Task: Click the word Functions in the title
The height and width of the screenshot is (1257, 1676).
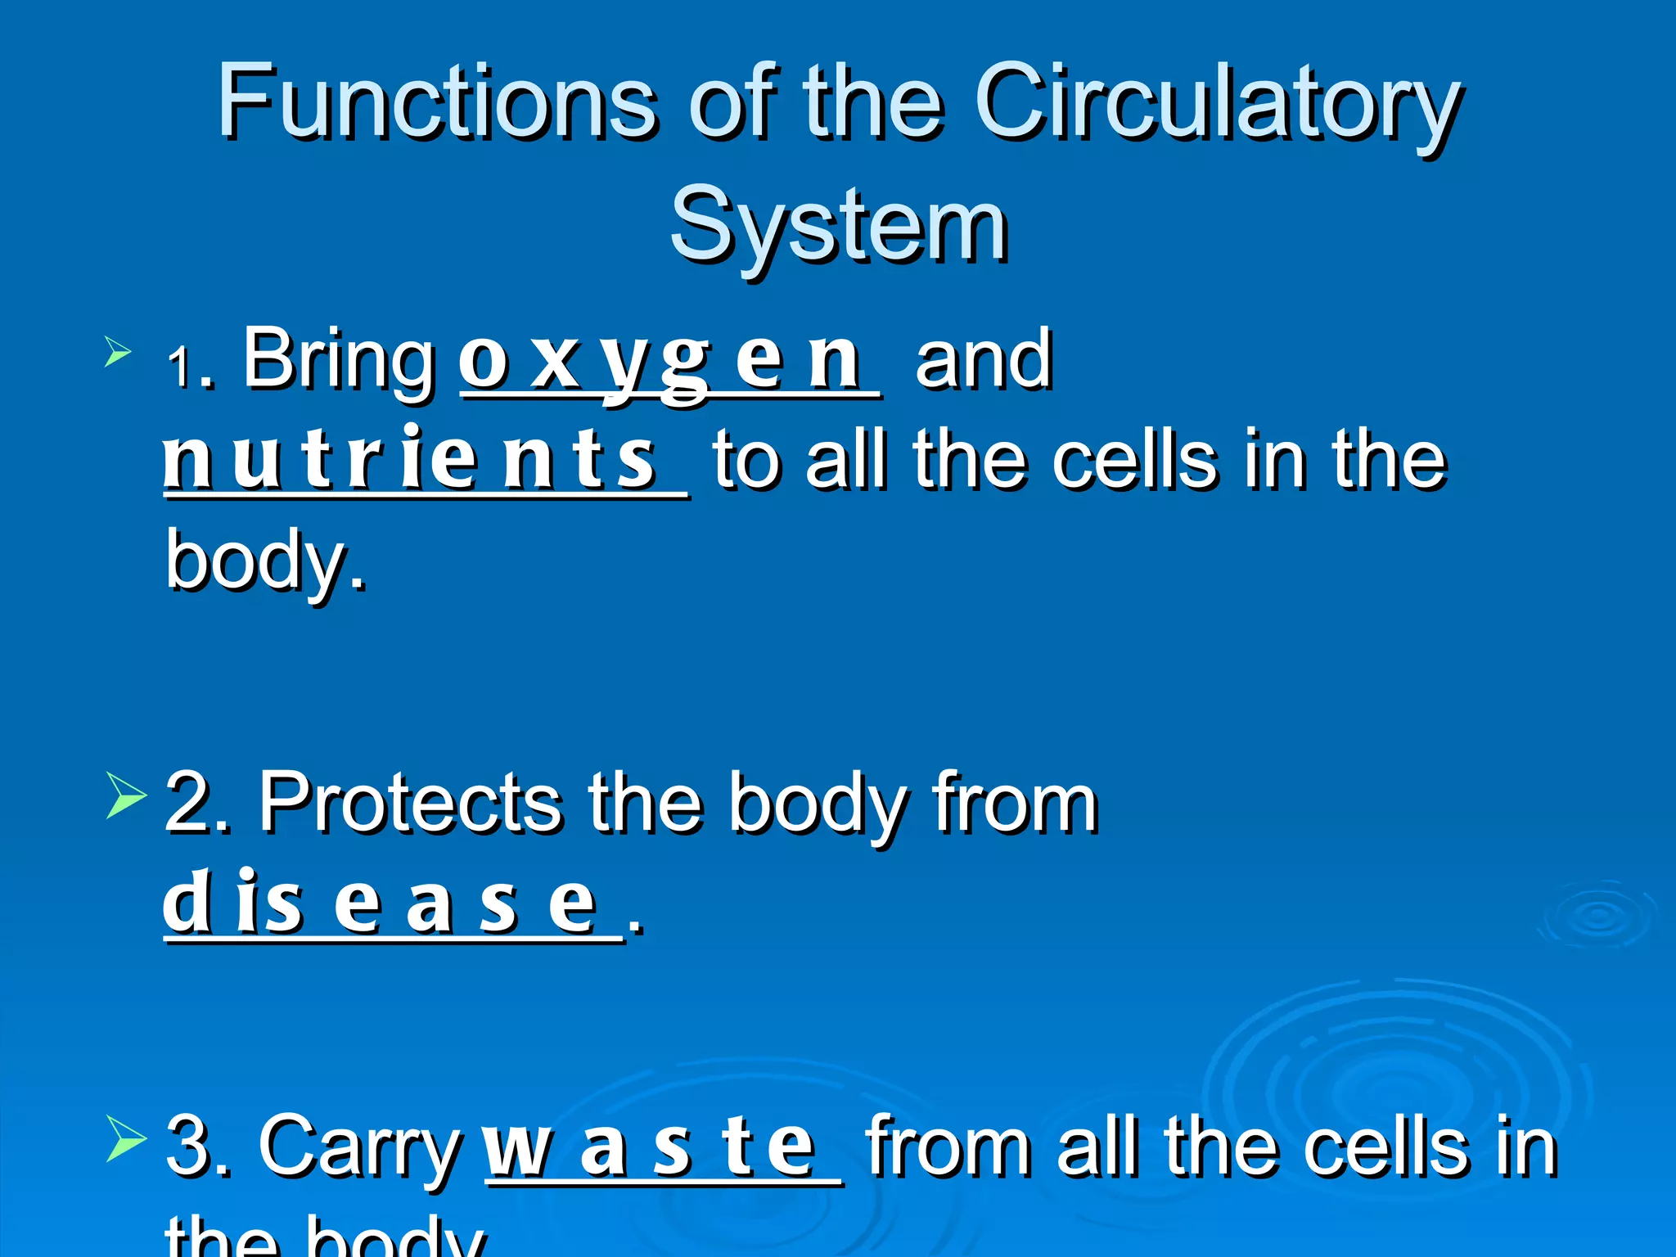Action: (437, 102)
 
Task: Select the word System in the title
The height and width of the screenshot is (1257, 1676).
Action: (838, 225)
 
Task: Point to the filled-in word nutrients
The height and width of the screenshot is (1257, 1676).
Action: (409, 460)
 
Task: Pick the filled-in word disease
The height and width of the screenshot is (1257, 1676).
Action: (380, 904)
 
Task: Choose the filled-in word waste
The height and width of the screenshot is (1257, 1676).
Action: (651, 1147)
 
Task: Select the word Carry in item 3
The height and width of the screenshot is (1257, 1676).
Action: (359, 1147)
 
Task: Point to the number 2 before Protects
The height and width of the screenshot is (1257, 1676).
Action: (187, 806)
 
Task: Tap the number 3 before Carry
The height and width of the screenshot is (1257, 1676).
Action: (187, 1147)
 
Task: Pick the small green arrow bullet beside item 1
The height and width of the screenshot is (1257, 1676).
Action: (118, 354)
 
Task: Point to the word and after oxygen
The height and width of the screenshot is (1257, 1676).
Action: (983, 360)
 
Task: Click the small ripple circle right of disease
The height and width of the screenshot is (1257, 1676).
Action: (1596, 917)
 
